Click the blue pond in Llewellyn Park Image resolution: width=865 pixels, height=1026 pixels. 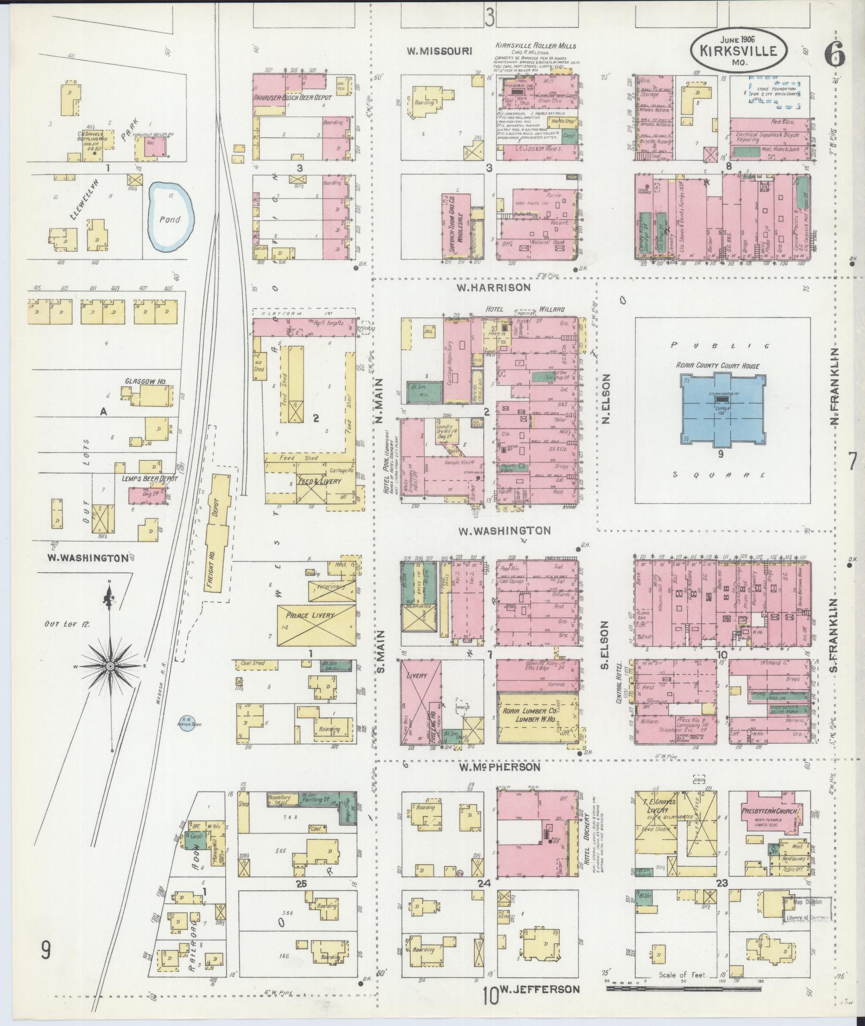170,217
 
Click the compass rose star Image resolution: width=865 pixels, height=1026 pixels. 110,666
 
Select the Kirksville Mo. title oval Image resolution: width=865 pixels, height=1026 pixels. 739,51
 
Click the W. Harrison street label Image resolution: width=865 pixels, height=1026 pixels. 493,287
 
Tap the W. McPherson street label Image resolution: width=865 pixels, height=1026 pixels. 499,767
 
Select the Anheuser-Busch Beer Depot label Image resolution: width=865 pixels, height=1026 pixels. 293,98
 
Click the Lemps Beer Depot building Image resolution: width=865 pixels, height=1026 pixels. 146,494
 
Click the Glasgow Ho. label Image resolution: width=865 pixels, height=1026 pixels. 145,382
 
